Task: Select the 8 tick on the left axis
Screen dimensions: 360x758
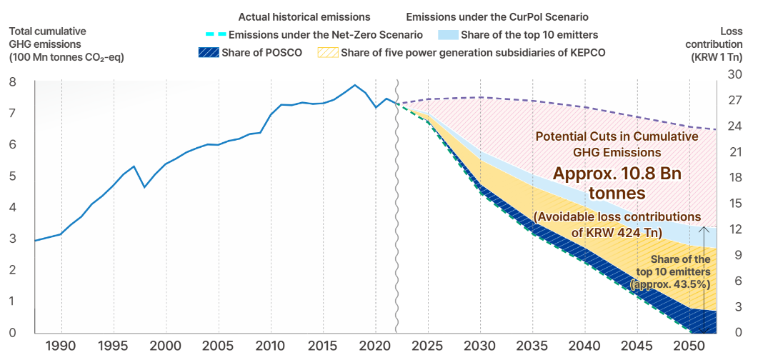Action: pyautogui.click(x=12, y=82)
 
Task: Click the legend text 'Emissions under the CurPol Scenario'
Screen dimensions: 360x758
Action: pyautogui.click(x=496, y=16)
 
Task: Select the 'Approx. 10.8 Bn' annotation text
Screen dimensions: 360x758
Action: pyautogui.click(x=617, y=174)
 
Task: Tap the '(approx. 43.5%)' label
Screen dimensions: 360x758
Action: pyautogui.click(x=670, y=284)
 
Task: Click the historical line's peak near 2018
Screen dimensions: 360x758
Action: pyautogui.click(x=355, y=85)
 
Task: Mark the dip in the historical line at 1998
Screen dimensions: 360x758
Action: pyautogui.click(x=145, y=187)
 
